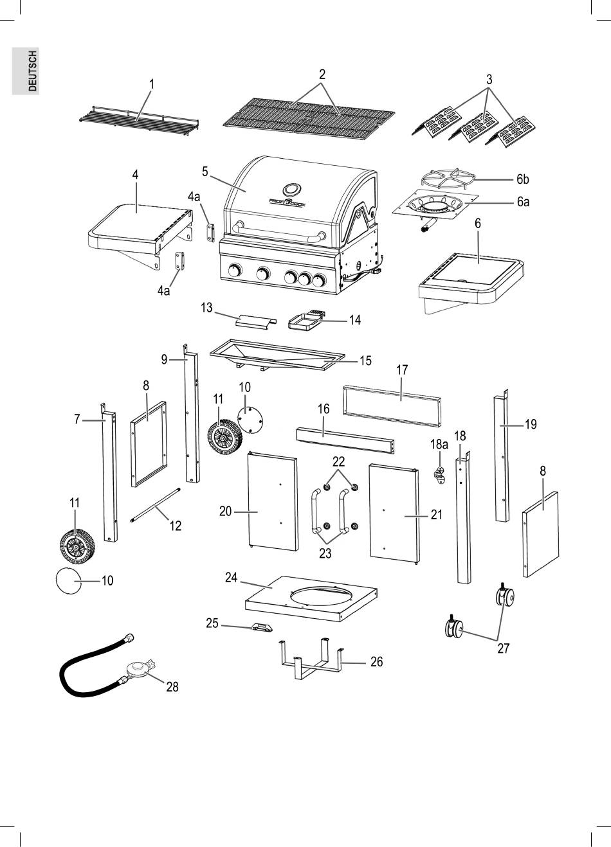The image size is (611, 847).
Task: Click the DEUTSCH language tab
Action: pyautogui.click(x=26, y=71)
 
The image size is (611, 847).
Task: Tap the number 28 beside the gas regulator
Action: pyautogui.click(x=172, y=687)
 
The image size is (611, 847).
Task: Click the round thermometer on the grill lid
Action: pyautogui.click(x=291, y=189)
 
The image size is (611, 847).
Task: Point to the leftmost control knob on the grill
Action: pyautogui.click(x=235, y=271)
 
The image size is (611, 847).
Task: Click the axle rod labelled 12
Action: pyautogui.click(x=156, y=506)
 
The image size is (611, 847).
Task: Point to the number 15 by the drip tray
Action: pyautogui.click(x=365, y=361)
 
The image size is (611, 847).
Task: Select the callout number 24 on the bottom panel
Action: pyautogui.click(x=231, y=577)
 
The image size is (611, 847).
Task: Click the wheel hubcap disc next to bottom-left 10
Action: pyautogui.click(x=68, y=580)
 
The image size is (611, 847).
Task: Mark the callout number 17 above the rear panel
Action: pyautogui.click(x=402, y=370)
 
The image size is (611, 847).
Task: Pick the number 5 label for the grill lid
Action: pyautogui.click(x=205, y=172)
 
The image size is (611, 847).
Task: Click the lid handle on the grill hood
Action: pyautogui.click(x=279, y=232)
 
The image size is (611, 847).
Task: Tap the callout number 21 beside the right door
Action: pyautogui.click(x=437, y=514)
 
